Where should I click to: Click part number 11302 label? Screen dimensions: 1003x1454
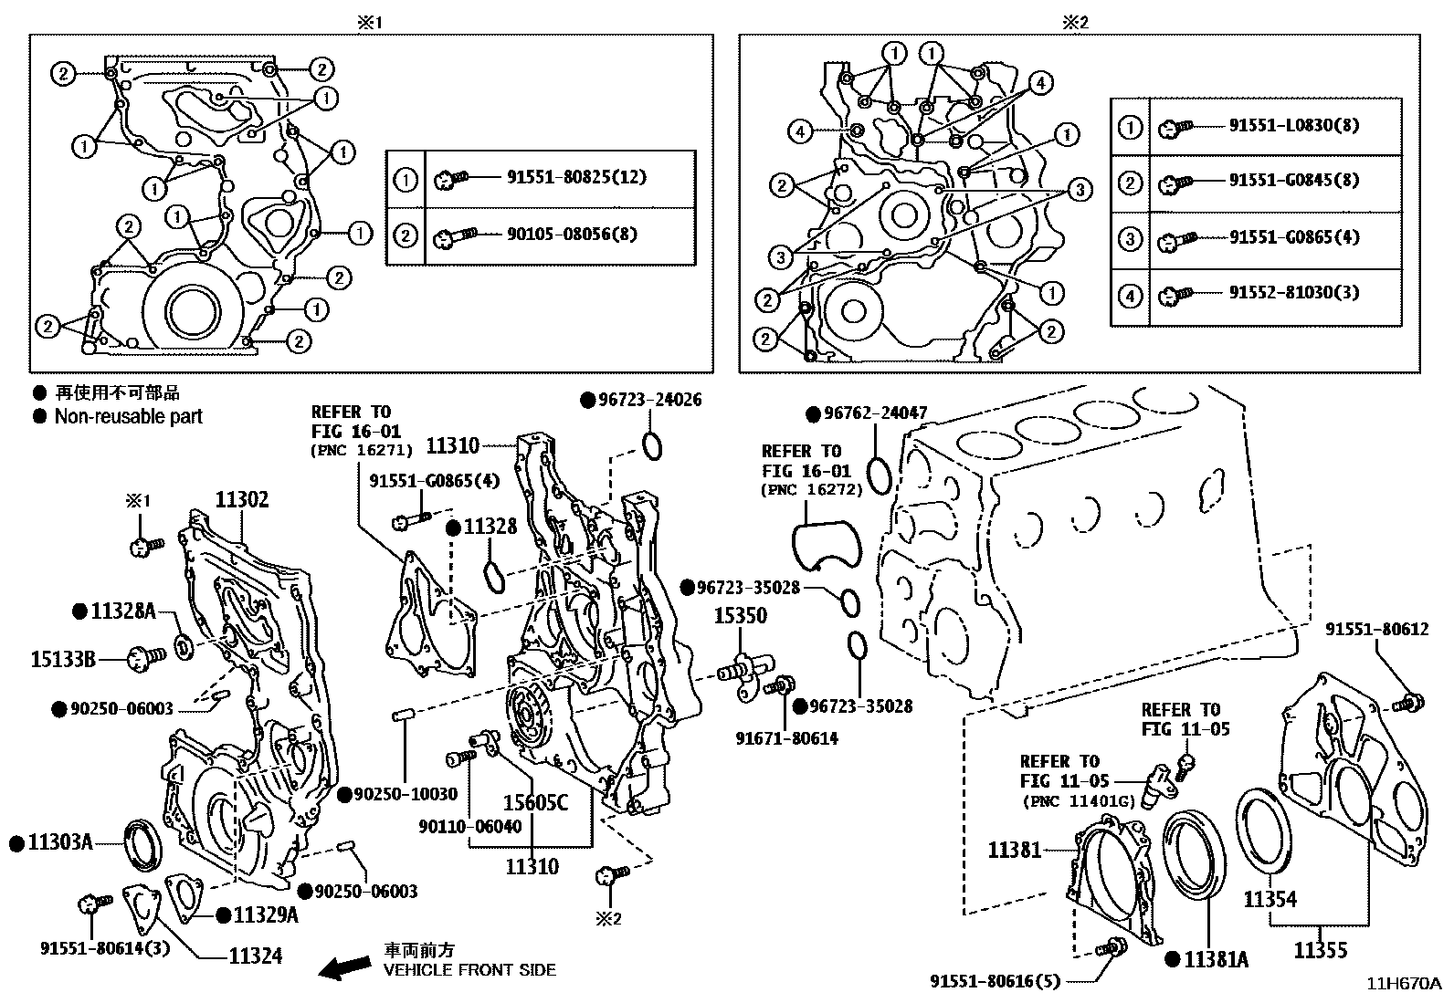click(242, 500)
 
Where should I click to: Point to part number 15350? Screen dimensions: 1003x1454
click(740, 616)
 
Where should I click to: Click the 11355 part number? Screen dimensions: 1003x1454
click(1320, 951)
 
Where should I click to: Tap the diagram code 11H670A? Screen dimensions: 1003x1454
click(1403, 984)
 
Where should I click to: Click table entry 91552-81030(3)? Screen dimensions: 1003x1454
click(1293, 293)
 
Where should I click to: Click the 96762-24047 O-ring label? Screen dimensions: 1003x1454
click(875, 413)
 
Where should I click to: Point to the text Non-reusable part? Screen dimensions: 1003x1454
click(128, 417)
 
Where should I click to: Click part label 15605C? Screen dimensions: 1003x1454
click(535, 803)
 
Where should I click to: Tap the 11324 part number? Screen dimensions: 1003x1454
click(255, 956)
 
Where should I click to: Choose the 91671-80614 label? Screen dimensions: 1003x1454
click(786, 738)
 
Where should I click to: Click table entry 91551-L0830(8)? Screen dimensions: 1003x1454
click(1293, 125)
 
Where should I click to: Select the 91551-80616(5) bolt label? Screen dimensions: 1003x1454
click(996, 982)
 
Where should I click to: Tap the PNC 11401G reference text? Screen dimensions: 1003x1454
click(1079, 801)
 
